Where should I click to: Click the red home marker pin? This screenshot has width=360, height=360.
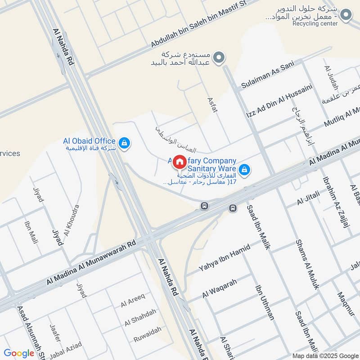(179, 162)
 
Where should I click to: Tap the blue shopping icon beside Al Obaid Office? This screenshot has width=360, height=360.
(125, 144)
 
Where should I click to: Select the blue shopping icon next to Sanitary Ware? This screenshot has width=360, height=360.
(244, 170)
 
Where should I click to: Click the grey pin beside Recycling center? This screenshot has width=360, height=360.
(346, 16)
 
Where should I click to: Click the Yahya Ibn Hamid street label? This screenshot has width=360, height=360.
(225, 259)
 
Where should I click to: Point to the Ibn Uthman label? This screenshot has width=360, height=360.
(265, 302)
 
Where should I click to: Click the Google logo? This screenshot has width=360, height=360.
(19, 353)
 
